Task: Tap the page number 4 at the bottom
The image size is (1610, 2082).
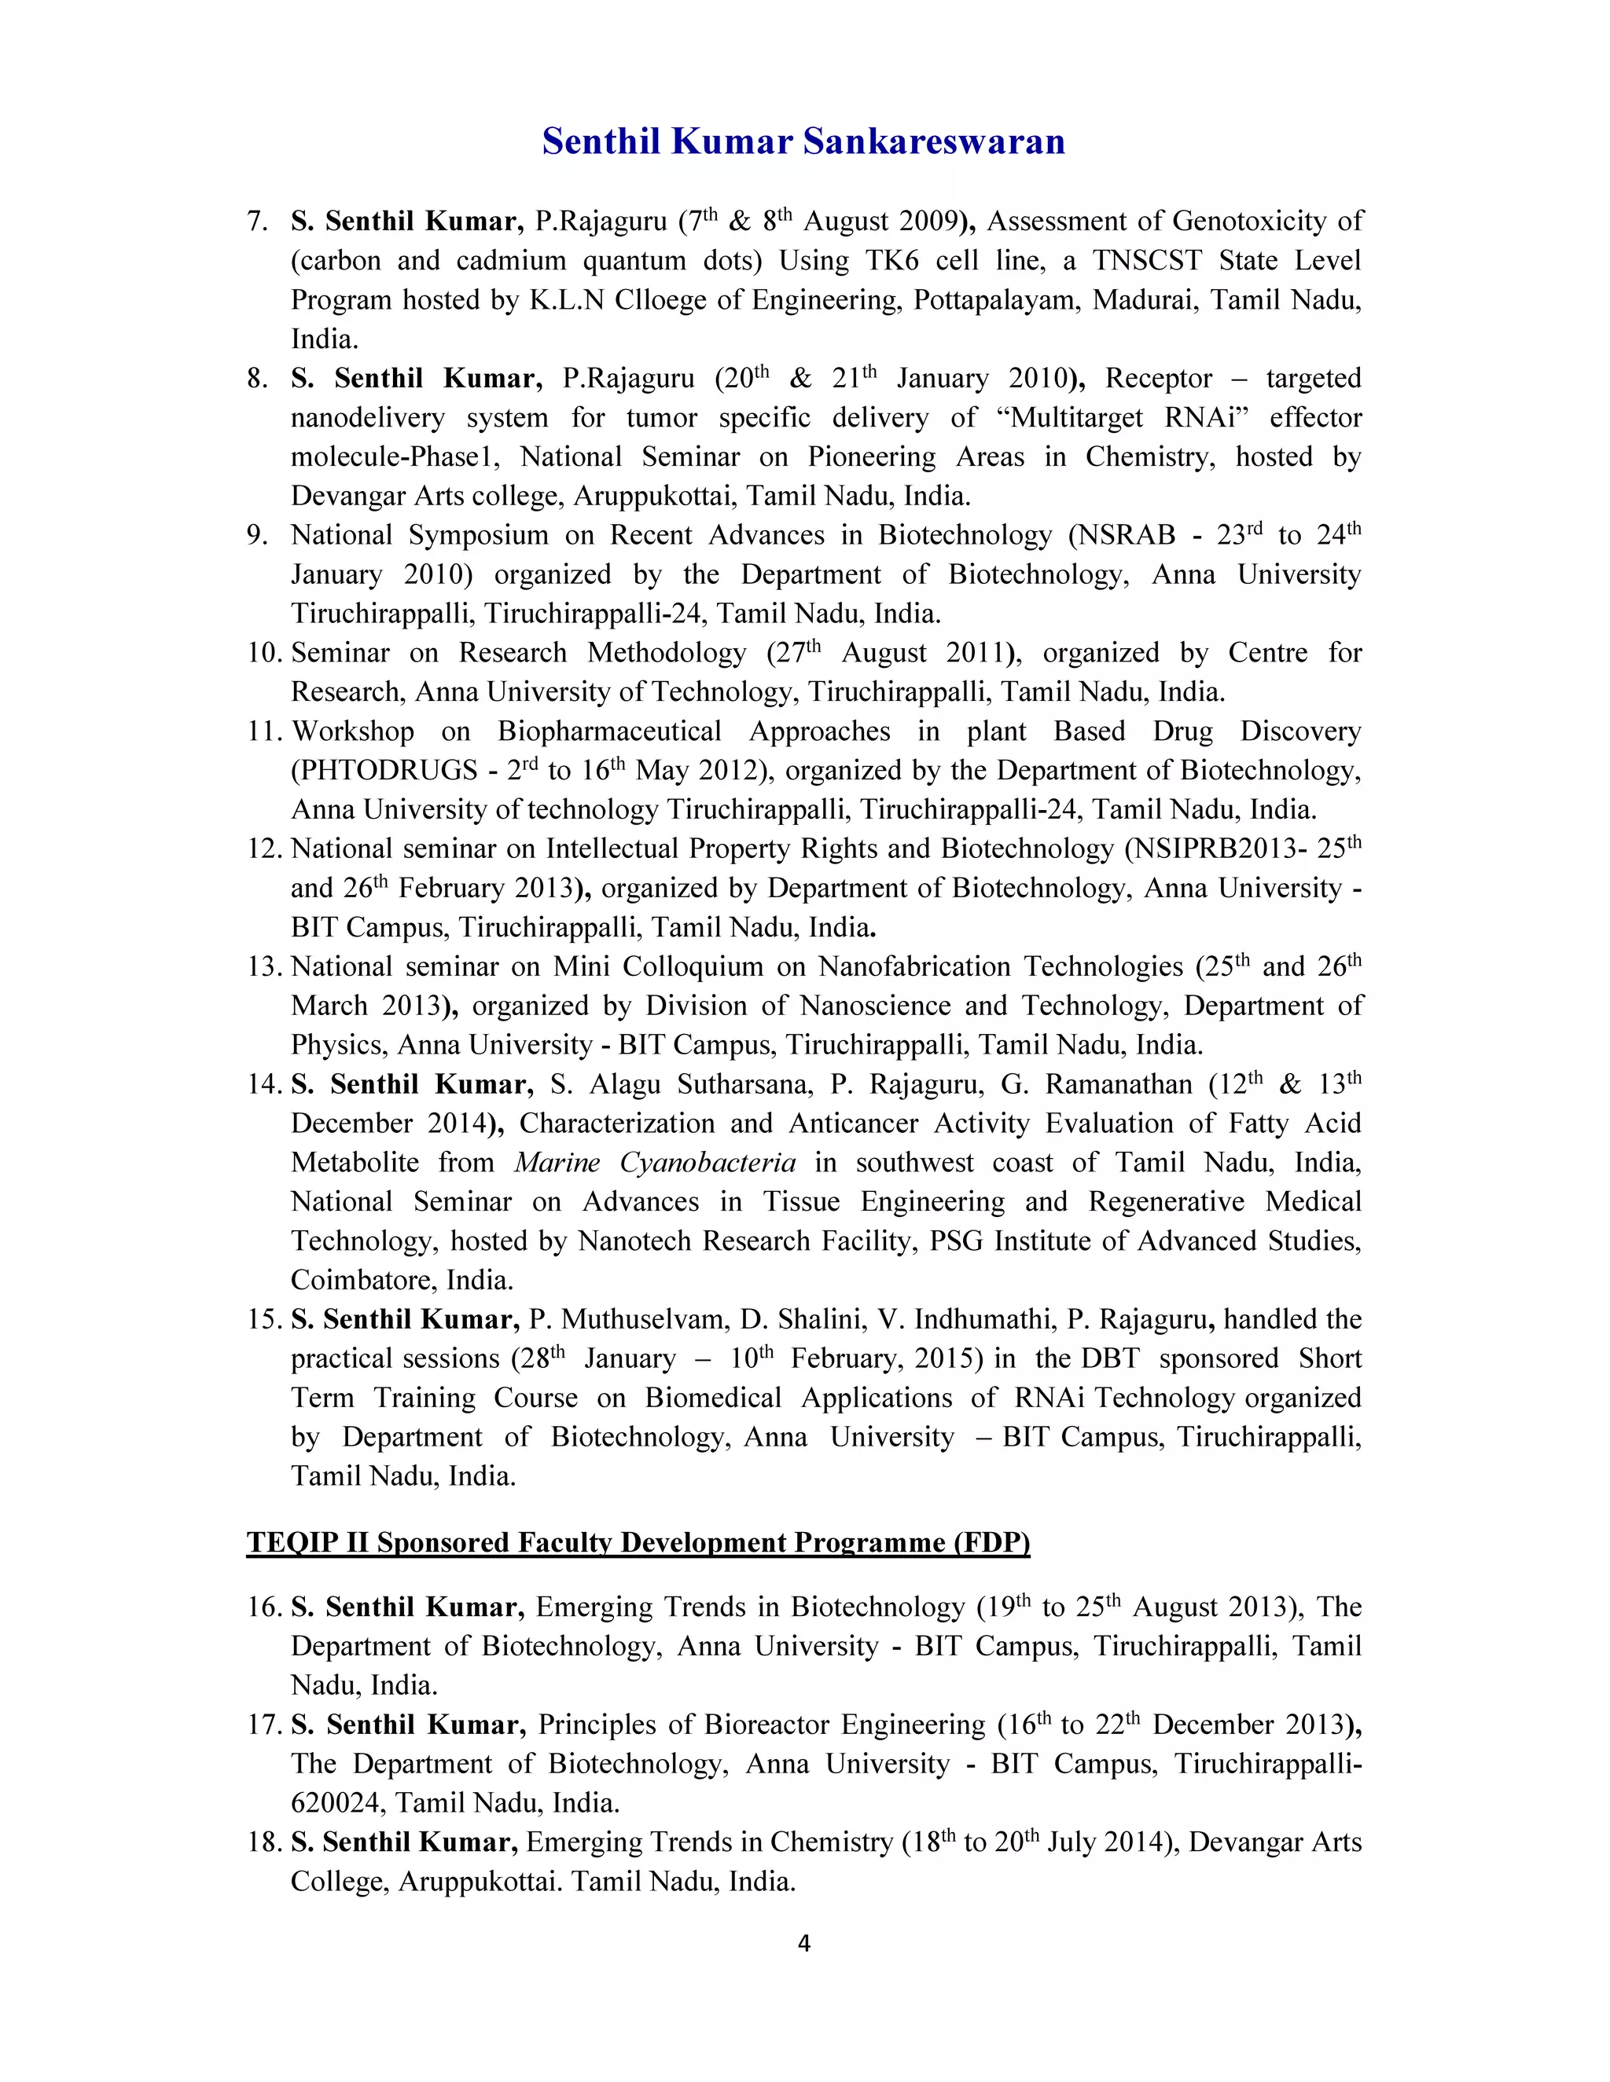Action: pyautogui.click(x=803, y=1943)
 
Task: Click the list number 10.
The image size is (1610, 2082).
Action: pyautogui.click(x=264, y=653)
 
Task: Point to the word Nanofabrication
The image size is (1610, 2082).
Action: pyautogui.click(x=913, y=966)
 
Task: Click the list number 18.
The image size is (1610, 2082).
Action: pyautogui.click(x=264, y=1842)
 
